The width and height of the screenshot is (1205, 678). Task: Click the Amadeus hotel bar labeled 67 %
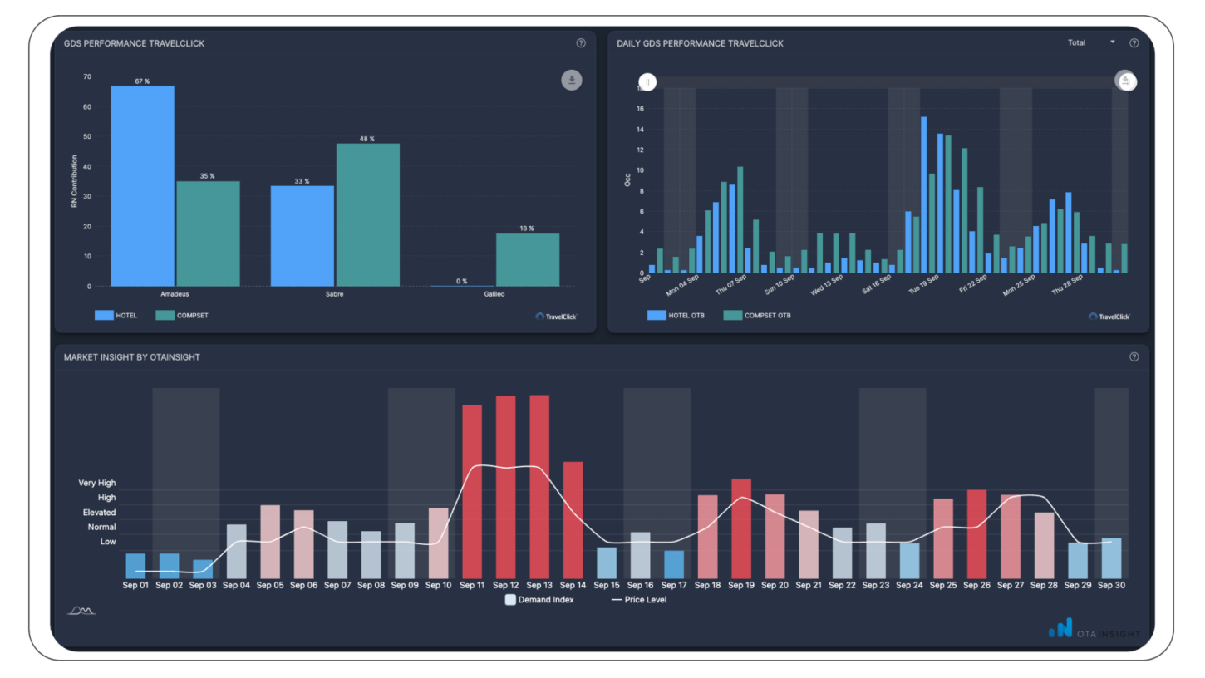142,186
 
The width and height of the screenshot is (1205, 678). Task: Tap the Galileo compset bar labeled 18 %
527,260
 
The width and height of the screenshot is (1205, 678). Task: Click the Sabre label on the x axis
335,294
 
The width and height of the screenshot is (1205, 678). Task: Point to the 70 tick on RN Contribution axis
87,76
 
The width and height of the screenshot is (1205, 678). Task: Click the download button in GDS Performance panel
571,80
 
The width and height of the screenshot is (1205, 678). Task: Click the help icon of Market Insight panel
1134,356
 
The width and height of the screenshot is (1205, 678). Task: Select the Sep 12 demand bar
505,487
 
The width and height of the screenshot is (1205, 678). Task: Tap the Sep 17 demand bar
674,564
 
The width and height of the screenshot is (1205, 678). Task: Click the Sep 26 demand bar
976,533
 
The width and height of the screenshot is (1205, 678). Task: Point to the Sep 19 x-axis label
740,586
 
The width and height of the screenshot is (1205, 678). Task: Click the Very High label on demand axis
97,483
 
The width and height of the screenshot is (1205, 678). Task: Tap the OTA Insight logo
1093,631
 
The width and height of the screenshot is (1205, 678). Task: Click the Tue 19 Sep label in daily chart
923,285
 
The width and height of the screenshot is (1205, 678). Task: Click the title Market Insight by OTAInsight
132,357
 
